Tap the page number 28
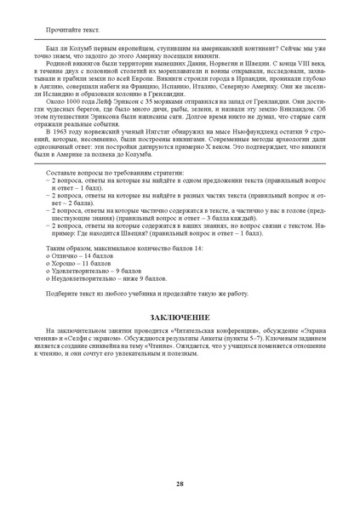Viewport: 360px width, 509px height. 180,483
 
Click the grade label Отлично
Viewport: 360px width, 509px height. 67,253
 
